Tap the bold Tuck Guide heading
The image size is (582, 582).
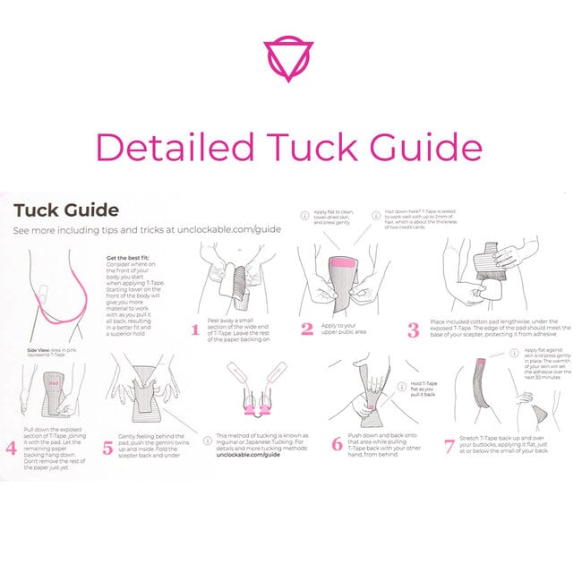coord(66,211)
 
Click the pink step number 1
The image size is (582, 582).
coord(195,330)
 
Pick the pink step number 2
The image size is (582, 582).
coord(307,329)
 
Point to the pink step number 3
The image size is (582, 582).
coord(413,330)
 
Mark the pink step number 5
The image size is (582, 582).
coord(108,445)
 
